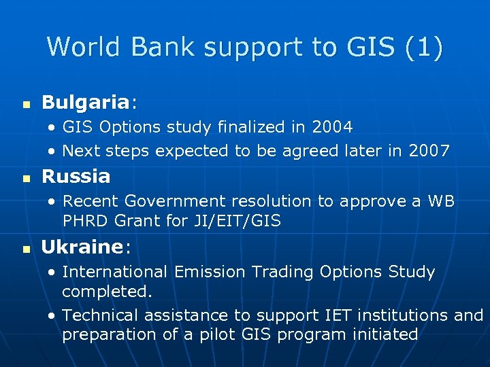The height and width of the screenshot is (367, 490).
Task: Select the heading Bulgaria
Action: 85,103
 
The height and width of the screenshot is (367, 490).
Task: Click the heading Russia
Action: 76,177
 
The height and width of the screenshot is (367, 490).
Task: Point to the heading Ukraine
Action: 81,247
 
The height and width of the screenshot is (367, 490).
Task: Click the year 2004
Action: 332,127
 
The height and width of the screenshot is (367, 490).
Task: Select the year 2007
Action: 429,151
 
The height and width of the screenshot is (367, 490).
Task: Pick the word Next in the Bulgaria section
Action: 79,151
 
